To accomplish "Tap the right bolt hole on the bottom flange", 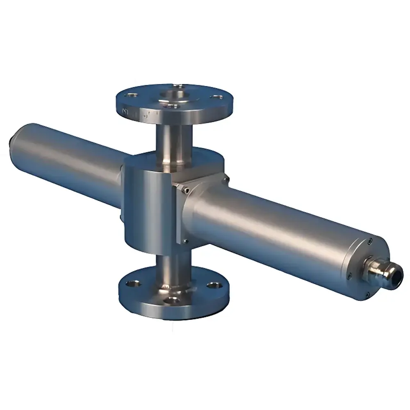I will pyautogui.click(x=212, y=285).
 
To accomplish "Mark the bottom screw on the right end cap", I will pyautogui.click(x=367, y=294).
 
